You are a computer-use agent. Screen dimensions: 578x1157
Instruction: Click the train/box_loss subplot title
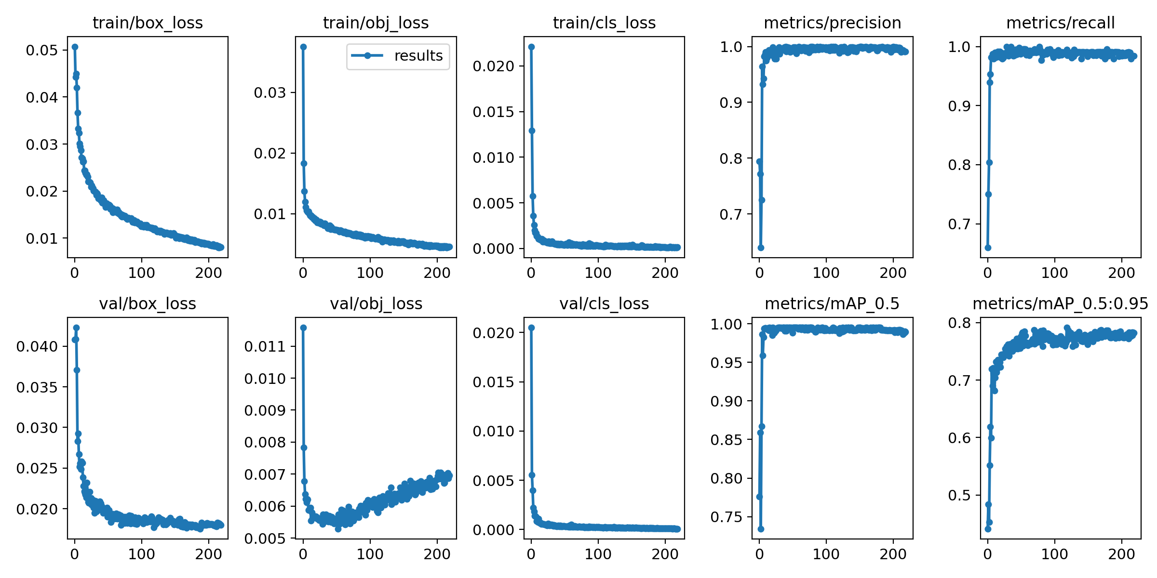pos(148,23)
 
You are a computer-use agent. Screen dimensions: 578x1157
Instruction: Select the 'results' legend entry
pos(398,56)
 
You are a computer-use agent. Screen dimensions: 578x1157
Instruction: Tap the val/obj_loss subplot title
pos(376,303)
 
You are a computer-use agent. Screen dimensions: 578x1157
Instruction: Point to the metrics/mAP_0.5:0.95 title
pos(1060,303)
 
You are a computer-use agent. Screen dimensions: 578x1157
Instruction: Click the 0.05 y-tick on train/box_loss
pos(41,50)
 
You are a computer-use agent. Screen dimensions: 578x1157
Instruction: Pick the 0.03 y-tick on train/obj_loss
pos(270,92)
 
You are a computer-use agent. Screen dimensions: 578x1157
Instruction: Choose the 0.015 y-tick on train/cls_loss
pos(493,112)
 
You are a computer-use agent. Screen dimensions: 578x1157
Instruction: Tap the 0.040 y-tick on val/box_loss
pos(37,346)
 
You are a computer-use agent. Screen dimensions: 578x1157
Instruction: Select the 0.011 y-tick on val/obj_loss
pos(265,346)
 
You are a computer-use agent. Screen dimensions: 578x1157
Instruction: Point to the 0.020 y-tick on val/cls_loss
pos(493,333)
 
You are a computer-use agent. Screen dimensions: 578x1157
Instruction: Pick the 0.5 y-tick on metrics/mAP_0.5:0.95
pos(959,495)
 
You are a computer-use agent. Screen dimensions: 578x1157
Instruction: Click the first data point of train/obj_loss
pos(303,47)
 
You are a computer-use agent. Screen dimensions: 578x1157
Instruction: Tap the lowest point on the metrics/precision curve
pos(761,248)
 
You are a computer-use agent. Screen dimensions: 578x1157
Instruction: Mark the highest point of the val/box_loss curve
pos(76,328)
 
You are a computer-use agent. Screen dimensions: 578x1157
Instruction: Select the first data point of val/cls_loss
pos(531,328)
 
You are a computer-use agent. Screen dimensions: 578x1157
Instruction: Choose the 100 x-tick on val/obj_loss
pos(370,554)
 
